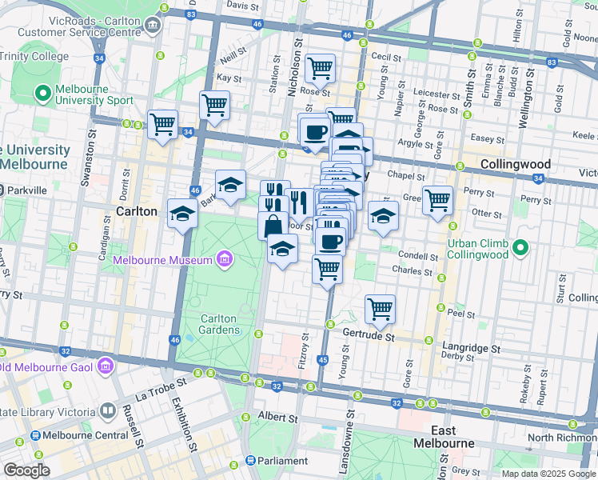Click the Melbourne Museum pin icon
[x=225, y=260]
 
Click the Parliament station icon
[x=250, y=461]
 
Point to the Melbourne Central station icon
[x=35, y=435]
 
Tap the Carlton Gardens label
[x=219, y=324]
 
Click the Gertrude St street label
[x=369, y=338]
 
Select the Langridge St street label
[x=472, y=349]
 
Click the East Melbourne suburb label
[x=444, y=437]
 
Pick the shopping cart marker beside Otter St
[x=437, y=199]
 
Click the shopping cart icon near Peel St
[x=380, y=308]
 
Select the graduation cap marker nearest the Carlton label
[x=182, y=214]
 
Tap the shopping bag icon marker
[x=273, y=226]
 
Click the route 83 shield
[x=552, y=62]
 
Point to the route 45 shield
[x=323, y=361]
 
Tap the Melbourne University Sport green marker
[x=42, y=94]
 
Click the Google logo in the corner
[x=26, y=470]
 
